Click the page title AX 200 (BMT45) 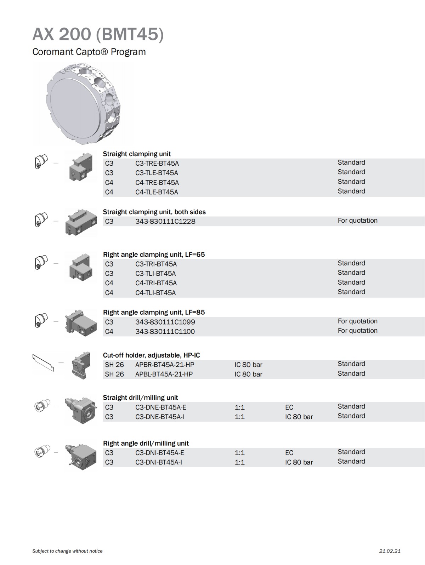click(98, 34)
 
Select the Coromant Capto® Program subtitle click(89, 52)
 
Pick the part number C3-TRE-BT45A click(157, 164)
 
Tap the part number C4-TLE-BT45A click(157, 192)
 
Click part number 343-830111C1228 click(165, 222)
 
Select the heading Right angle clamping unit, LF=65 click(154, 255)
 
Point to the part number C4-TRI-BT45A click(156, 283)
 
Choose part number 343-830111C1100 click(165, 332)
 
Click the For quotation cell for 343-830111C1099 click(357, 321)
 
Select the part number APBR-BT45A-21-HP click(165, 365)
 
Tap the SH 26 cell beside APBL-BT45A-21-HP click(114, 374)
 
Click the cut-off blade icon click(43, 363)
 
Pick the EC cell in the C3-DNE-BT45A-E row click(289, 407)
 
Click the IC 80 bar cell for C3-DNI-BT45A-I click(299, 462)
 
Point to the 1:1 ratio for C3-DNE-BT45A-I click(239, 417)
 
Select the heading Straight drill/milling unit click(140, 398)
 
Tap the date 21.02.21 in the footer click(390, 551)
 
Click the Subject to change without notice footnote click(67, 551)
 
